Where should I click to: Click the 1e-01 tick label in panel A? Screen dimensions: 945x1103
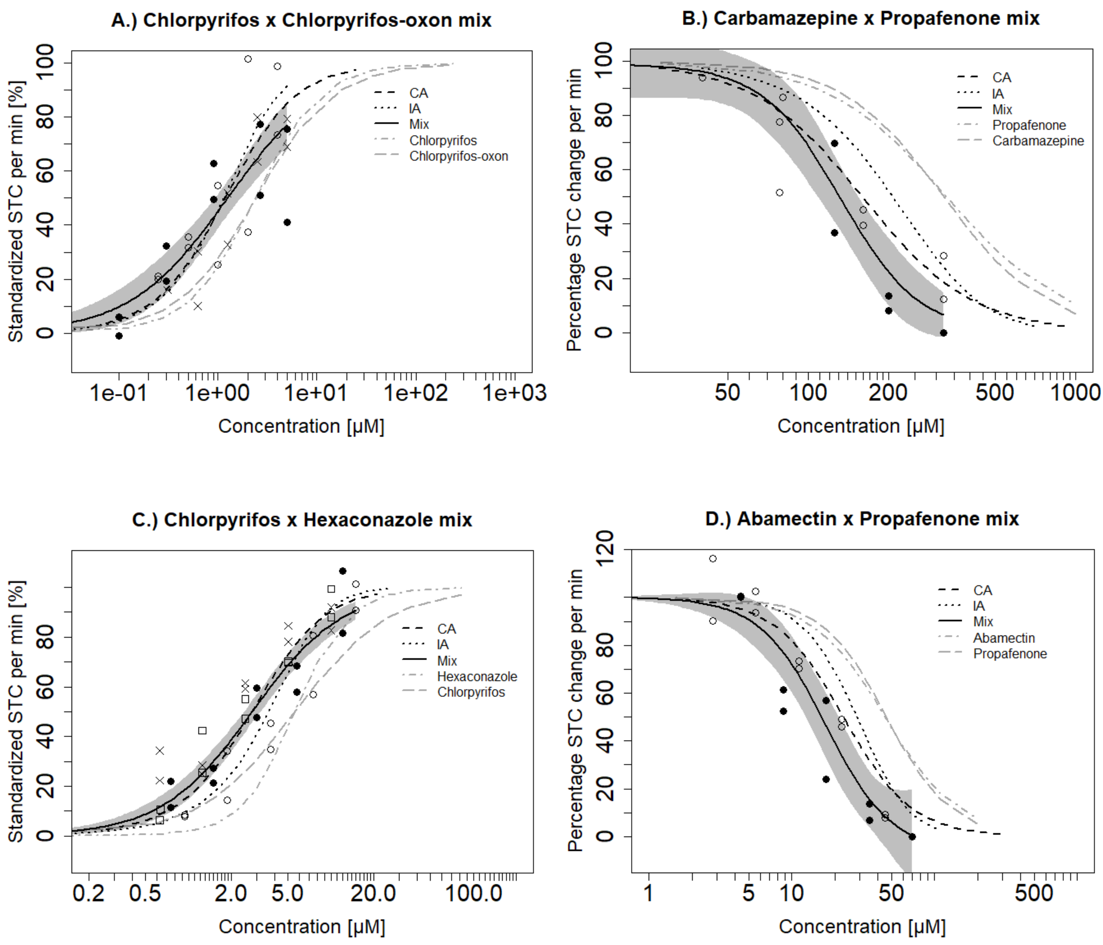click(119, 393)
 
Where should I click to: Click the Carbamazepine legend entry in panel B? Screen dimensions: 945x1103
click(1038, 141)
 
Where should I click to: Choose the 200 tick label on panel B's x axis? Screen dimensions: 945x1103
click(888, 393)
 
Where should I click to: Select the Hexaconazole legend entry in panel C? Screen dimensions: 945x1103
click(477, 677)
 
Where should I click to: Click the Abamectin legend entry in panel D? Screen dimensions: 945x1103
click(1003, 638)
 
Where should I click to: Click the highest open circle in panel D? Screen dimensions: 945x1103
click(713, 559)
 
